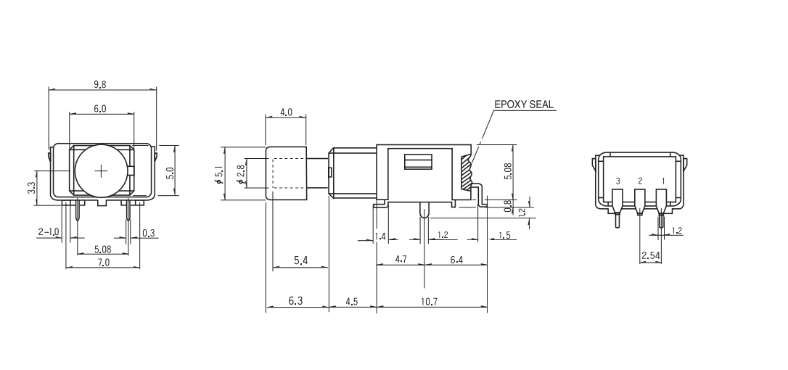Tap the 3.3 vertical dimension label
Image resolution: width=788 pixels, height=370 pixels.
tap(31, 187)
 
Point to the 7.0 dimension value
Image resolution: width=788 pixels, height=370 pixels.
tap(103, 262)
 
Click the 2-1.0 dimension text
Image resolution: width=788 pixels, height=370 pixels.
tap(48, 232)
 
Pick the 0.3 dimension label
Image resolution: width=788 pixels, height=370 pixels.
tap(148, 232)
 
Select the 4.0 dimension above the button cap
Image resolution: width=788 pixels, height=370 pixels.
tap(286, 112)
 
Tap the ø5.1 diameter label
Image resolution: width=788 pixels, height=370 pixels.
tap(218, 175)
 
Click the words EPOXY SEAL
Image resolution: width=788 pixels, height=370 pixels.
tap(523, 104)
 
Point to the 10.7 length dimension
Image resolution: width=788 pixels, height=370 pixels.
tap(429, 301)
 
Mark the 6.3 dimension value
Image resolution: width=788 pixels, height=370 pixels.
tap(295, 301)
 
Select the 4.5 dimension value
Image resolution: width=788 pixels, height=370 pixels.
tap(351, 301)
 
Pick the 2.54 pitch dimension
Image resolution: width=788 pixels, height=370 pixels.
tap(650, 255)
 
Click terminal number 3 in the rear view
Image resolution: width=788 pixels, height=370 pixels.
tap(617, 180)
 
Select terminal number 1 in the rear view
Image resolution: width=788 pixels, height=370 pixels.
tap(661, 180)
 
